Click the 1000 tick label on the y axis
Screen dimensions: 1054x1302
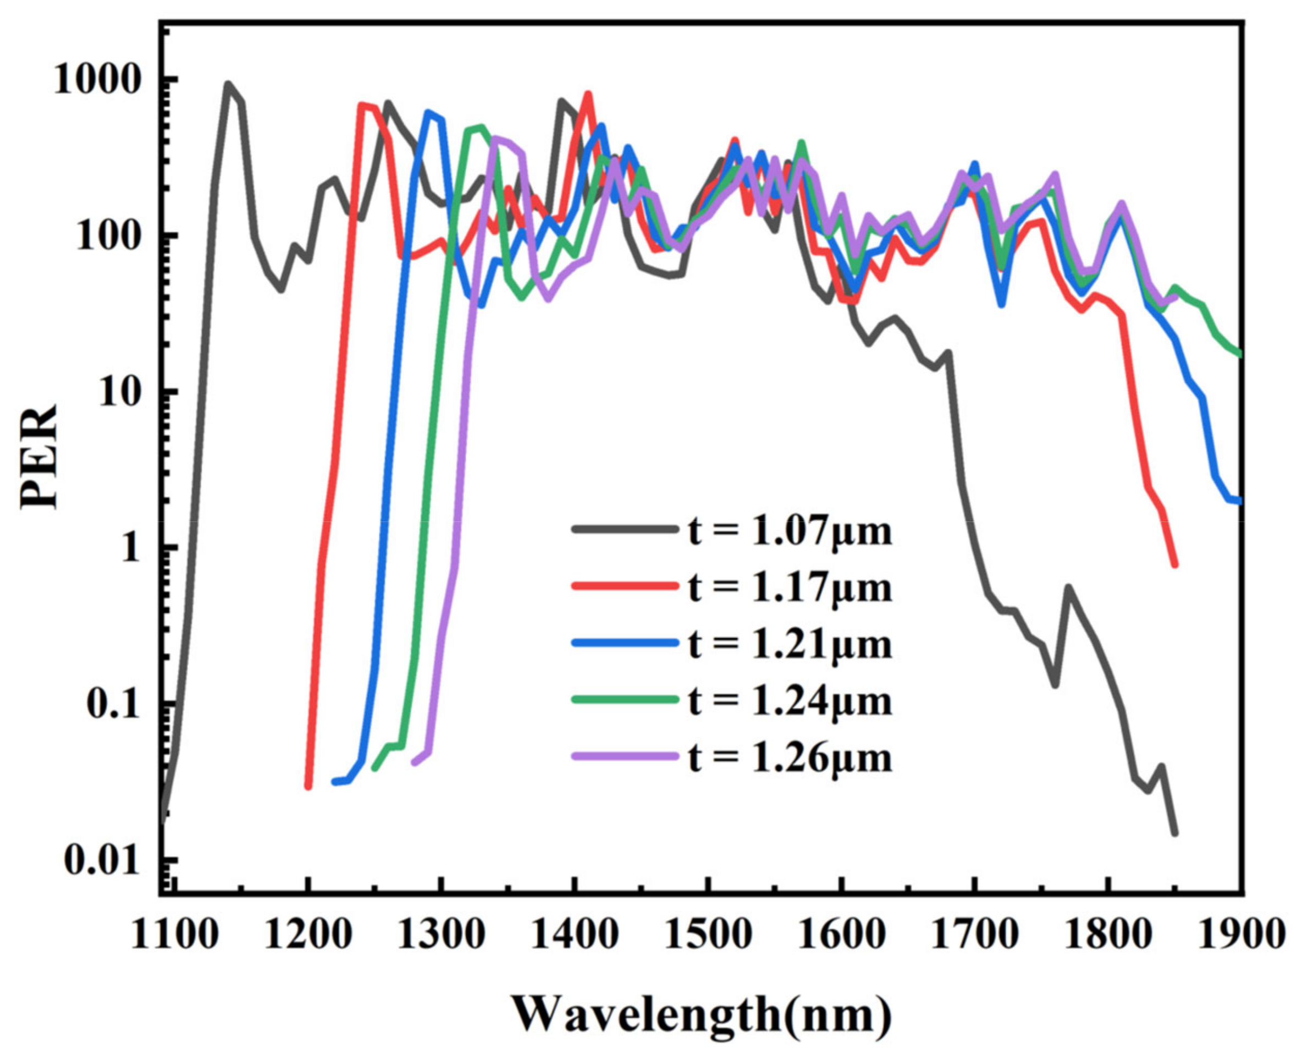coord(97,80)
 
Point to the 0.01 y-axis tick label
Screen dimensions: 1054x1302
coord(102,860)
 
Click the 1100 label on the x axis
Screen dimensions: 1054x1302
coord(174,934)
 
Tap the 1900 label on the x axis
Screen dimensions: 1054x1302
coord(1242,934)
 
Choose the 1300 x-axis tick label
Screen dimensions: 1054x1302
coord(441,934)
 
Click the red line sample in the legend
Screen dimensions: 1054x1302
coord(625,586)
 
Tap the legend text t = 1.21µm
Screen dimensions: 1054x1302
coord(791,644)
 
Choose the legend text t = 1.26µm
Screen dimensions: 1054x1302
coord(791,757)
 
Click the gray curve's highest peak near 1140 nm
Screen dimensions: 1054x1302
coord(228,84)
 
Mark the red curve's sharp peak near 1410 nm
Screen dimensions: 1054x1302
coord(587,94)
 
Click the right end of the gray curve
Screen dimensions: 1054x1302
coord(1174,833)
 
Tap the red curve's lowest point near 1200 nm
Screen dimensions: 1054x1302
coord(308,786)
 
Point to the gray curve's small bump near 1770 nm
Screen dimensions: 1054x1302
coord(1067,587)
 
